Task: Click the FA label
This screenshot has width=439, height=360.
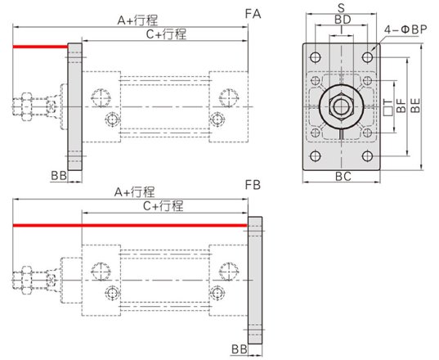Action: [253, 14]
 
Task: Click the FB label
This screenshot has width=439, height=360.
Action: [253, 185]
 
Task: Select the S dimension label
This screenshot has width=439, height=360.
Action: [341, 7]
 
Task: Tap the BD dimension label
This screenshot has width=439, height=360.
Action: [343, 20]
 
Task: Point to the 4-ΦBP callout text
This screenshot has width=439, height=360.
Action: [405, 29]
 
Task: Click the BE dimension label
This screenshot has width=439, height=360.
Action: [415, 105]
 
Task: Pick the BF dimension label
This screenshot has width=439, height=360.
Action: [401, 106]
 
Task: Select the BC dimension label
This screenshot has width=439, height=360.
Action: [343, 177]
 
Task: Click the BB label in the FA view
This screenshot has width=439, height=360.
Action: [59, 176]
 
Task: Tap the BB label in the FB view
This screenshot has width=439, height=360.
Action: [240, 349]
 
